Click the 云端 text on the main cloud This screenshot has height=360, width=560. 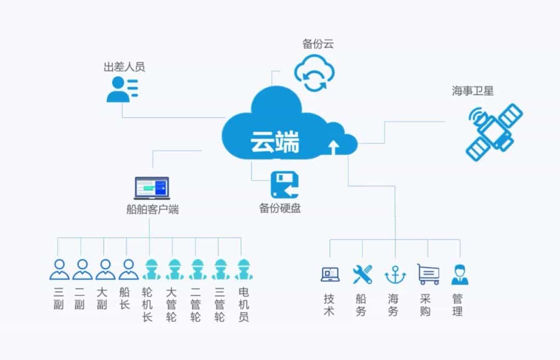tap(274, 141)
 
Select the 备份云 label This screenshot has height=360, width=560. tap(318, 44)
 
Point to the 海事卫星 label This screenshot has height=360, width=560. tap(472, 91)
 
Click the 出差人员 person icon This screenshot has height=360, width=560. tap(122, 89)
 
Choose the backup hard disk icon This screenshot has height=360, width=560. tap(285, 185)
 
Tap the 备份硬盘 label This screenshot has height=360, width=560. tap(280, 209)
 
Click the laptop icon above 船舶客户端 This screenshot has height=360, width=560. tap(152, 188)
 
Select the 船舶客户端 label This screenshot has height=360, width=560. tap(152, 210)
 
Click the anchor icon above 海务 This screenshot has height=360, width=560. tap(395, 274)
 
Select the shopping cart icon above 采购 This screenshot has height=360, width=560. tap(428, 274)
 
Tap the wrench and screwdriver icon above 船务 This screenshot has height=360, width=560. tap(362, 274)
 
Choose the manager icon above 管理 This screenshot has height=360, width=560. tap(459, 274)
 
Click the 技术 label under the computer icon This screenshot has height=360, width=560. tap(329, 305)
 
